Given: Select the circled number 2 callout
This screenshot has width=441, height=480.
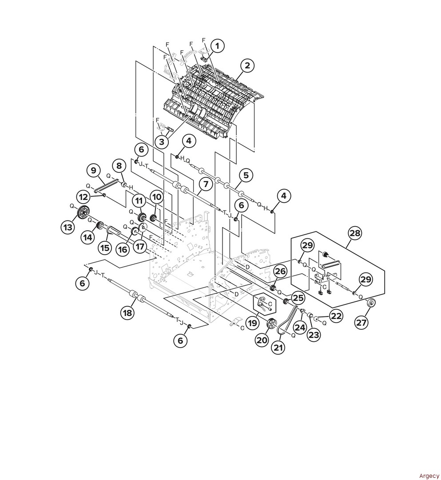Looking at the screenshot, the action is pyautogui.click(x=247, y=65).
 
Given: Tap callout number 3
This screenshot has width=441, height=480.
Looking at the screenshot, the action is pyautogui.click(x=162, y=142).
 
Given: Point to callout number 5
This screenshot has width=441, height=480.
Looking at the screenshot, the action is pyautogui.click(x=246, y=176).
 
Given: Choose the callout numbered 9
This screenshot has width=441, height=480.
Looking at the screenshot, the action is pyautogui.click(x=94, y=170).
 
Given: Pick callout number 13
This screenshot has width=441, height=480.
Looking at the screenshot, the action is pyautogui.click(x=67, y=228).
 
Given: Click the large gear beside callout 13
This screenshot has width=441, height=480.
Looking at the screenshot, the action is pyautogui.click(x=82, y=212).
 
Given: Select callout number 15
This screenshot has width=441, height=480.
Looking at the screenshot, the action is pyautogui.click(x=105, y=248).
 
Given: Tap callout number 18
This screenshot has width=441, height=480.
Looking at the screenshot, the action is pyautogui.click(x=127, y=312).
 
